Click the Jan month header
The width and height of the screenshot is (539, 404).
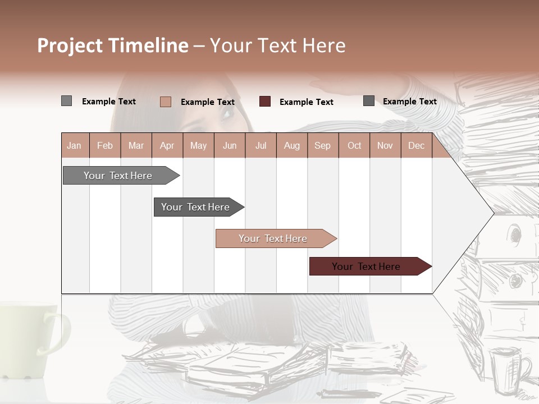click(74, 146)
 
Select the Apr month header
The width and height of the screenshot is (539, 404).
click(167, 146)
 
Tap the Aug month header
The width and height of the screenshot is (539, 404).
click(292, 146)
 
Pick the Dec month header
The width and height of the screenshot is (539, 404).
click(416, 146)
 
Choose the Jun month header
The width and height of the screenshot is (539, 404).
click(230, 146)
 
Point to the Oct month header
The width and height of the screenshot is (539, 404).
click(354, 146)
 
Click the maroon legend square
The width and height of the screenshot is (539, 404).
click(265, 102)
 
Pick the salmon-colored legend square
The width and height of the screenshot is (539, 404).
click(166, 102)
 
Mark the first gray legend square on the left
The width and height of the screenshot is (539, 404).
click(66, 101)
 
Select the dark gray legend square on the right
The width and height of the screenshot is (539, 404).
click(369, 101)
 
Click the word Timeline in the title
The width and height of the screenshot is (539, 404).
click(148, 45)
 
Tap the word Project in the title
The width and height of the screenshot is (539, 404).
click(70, 45)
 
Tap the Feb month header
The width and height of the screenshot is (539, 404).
click(105, 146)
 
